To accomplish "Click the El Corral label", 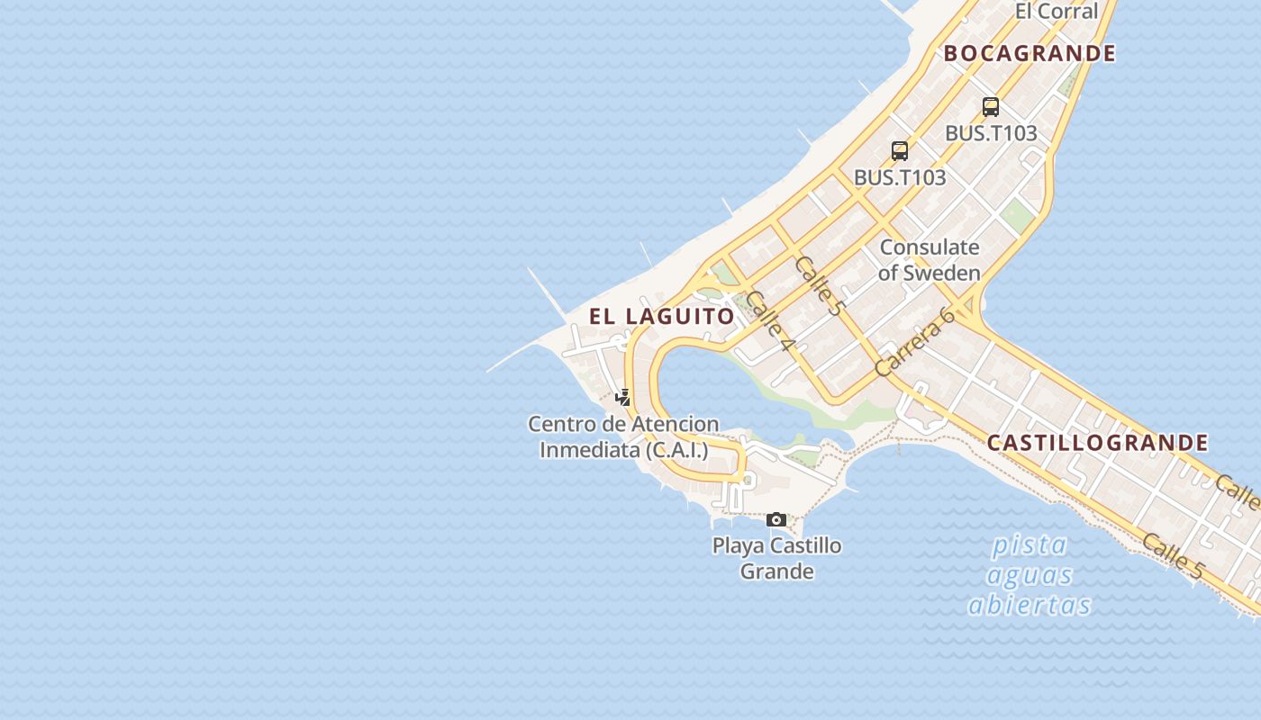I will [x=1056, y=12].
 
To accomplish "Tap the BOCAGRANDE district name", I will [x=1030, y=53].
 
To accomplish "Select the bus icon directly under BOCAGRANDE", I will [x=991, y=107].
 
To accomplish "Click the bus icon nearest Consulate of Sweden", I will [x=899, y=151].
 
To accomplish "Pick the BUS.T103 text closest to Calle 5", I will [x=899, y=177].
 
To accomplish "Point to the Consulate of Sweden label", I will [x=930, y=259].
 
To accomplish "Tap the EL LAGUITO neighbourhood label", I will [x=662, y=316].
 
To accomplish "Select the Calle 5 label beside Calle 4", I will [x=821, y=285].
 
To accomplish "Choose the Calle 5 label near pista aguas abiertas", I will [x=1172, y=555].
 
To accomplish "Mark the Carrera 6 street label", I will [x=914, y=342].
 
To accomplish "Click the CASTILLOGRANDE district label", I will [x=1097, y=442].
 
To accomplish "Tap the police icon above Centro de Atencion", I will [x=622, y=396].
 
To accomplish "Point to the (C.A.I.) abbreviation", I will [x=676, y=449].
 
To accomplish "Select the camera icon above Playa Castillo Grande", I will [x=776, y=519].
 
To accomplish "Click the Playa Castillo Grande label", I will [x=776, y=558].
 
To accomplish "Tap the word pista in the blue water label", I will [x=1030, y=544].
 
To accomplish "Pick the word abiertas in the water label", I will [x=1030, y=605].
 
